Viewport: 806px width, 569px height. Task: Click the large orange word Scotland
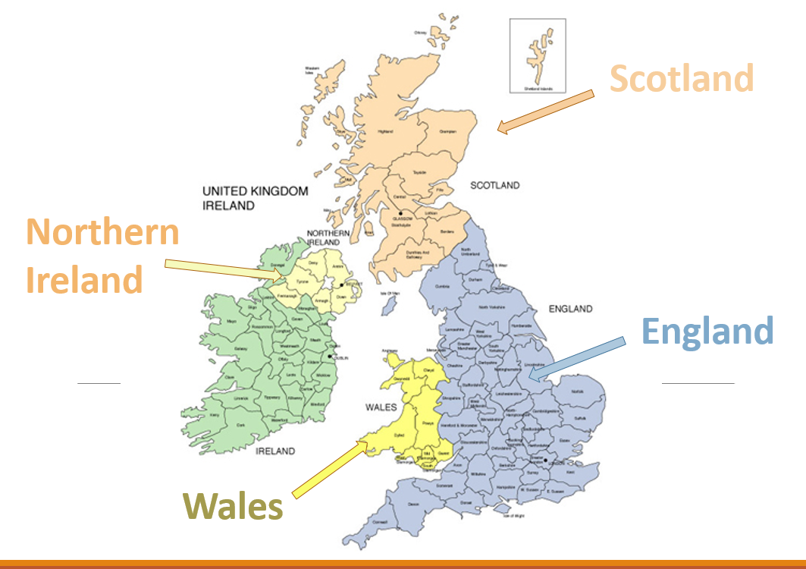[682, 78]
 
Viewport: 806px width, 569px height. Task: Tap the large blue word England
[707, 332]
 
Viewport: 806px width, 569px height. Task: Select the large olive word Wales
[233, 506]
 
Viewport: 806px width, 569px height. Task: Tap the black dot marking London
[544, 460]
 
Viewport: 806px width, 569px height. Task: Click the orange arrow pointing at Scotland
[545, 112]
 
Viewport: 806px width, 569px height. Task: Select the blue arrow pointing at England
[577, 358]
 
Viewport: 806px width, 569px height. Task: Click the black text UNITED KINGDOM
[255, 191]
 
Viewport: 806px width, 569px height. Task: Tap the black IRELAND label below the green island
[275, 451]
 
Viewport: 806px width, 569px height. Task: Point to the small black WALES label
[381, 407]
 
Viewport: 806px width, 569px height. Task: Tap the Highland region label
[385, 131]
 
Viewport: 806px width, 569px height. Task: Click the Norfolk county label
[578, 391]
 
